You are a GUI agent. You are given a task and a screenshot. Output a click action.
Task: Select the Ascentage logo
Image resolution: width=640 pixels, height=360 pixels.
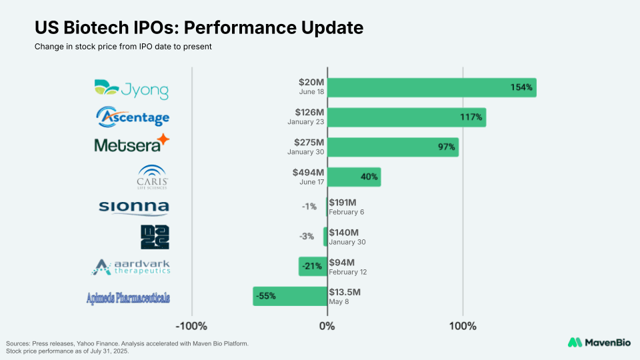133,117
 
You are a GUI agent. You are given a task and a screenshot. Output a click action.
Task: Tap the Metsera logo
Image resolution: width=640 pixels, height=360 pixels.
132,144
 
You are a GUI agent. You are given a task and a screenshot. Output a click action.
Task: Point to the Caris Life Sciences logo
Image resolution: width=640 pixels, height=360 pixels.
152,177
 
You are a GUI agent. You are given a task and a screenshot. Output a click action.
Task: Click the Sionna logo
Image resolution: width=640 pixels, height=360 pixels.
133,207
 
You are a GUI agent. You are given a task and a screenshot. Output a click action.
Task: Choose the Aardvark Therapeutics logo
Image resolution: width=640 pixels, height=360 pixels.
131,267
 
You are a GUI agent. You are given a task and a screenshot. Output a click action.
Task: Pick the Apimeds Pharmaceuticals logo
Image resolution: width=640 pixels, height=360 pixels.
128,297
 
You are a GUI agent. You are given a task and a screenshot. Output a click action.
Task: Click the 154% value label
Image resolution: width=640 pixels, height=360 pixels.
522,87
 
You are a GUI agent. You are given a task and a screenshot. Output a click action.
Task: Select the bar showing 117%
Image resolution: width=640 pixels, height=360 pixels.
406,117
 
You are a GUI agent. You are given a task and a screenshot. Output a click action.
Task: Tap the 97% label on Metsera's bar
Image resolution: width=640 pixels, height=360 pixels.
446,147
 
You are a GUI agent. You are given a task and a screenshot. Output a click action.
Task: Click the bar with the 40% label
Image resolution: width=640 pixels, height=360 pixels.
353,177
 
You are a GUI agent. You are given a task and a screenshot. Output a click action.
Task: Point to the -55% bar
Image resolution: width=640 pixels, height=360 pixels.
290,296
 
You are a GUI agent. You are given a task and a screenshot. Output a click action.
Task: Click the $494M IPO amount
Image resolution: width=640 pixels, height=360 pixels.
308,173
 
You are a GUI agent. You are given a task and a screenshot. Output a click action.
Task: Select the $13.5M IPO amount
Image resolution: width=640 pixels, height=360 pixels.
345,292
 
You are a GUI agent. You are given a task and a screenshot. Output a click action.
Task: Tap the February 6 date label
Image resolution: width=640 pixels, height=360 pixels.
347,212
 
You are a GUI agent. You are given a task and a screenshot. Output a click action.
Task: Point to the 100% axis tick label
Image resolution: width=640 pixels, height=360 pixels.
463,326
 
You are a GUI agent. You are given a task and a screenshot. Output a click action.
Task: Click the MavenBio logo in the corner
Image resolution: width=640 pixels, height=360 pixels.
596,342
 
